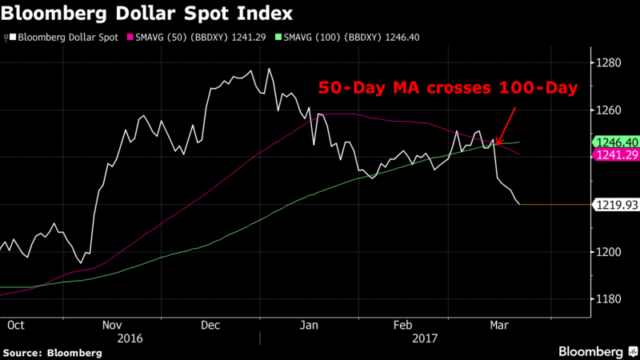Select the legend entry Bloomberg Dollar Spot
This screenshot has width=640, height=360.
pos(63,38)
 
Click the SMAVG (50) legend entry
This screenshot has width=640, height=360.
pos(195,38)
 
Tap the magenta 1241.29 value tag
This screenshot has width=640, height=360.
pos(614,156)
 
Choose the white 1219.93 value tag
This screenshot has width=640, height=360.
pos(614,205)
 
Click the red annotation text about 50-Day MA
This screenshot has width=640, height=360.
pos(448,89)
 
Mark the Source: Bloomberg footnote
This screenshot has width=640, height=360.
pos(52,352)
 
